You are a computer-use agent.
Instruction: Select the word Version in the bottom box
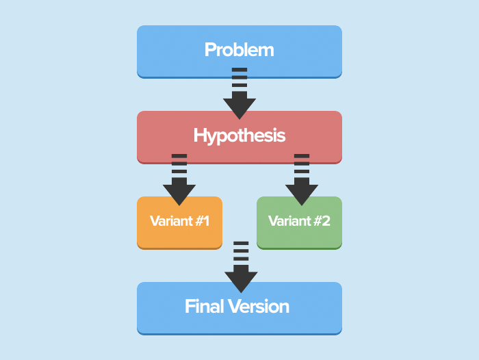(259, 307)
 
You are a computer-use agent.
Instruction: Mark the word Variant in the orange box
(170, 221)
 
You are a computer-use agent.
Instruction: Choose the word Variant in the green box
(289, 221)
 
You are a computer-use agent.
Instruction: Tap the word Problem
(239, 50)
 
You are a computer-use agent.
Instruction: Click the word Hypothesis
(239, 136)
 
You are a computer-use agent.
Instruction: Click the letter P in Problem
(210, 50)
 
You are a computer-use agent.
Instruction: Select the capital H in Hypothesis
(200, 136)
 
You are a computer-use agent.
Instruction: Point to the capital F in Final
(190, 307)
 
